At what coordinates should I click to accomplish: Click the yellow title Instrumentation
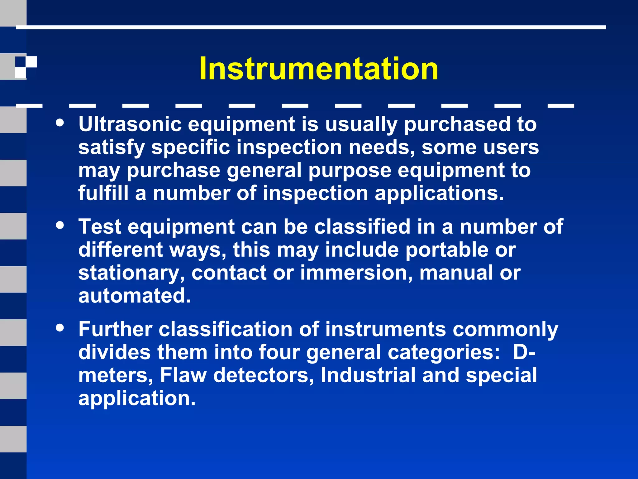(319, 69)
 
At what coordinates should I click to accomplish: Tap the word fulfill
(103, 193)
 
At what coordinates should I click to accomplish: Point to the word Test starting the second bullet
(100, 226)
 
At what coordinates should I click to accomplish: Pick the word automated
(134, 296)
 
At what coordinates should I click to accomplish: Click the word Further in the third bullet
(115, 329)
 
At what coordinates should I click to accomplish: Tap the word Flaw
(183, 375)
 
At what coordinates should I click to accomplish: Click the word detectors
(264, 375)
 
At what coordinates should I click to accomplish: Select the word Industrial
(368, 375)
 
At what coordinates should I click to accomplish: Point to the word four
(279, 352)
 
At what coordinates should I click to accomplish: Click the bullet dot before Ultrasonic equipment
(60, 123)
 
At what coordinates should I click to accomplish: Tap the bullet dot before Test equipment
(60, 225)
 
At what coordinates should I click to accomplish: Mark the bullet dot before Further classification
(60, 327)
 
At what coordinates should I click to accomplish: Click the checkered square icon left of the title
(26, 67)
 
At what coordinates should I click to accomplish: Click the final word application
(137, 398)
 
